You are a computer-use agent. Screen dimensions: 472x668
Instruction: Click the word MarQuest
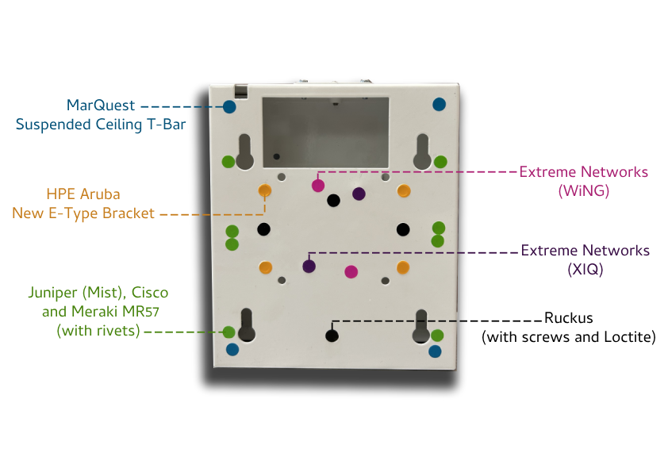tap(102, 106)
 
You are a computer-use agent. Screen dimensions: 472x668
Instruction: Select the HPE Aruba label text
tap(83, 194)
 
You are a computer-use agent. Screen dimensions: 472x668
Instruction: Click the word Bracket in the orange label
tap(129, 213)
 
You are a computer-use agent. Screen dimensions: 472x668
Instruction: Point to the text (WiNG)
tap(583, 190)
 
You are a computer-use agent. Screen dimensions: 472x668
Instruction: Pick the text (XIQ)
tap(585, 269)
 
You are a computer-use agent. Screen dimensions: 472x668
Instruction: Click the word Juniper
tap(62, 293)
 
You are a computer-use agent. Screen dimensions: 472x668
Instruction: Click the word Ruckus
tap(568, 319)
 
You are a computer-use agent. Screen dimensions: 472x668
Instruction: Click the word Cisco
tap(150, 293)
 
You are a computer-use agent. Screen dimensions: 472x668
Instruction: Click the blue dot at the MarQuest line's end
tap(229, 106)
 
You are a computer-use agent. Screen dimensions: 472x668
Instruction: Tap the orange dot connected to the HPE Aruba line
tap(265, 190)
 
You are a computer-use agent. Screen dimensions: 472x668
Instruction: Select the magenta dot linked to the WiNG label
tap(317, 186)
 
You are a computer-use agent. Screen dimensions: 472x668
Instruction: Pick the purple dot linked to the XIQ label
tap(309, 266)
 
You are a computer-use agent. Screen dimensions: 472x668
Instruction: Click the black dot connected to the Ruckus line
tap(332, 336)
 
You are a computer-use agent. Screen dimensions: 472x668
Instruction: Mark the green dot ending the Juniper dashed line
tap(228, 332)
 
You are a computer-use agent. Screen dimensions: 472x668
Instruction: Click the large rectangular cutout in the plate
tap(325, 132)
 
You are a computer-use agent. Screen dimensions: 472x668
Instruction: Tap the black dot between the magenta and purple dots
tap(334, 199)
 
